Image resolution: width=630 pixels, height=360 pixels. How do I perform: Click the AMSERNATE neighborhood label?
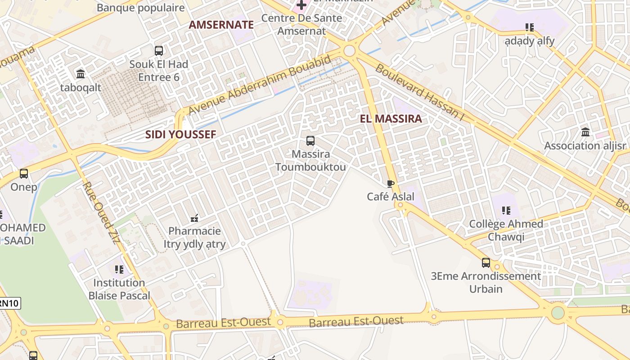point(221,25)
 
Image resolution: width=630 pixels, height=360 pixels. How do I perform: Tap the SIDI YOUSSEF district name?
point(180,134)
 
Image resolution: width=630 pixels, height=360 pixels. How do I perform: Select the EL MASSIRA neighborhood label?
point(391,119)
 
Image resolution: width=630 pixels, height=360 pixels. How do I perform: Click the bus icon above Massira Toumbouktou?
point(310,141)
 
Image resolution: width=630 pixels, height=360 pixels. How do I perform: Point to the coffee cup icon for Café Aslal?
point(390,184)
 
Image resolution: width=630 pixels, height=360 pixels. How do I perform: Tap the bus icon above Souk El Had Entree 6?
point(158,51)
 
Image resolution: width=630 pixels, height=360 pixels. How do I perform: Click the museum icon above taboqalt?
point(81,74)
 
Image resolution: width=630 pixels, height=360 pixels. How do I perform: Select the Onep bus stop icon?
point(24,174)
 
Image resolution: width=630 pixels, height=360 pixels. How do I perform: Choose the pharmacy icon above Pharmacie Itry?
point(194,218)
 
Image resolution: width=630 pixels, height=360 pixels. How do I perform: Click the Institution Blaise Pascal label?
point(119,289)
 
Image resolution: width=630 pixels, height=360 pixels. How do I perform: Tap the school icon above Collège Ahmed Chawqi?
point(506,211)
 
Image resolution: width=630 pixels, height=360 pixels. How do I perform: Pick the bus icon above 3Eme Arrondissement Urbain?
point(486,263)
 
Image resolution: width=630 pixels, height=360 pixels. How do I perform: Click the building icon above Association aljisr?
point(585,132)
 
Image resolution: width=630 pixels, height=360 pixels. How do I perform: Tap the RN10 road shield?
point(9,303)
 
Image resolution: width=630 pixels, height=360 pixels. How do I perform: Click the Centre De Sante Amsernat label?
point(301,24)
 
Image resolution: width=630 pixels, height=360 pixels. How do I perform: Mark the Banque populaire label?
point(140,8)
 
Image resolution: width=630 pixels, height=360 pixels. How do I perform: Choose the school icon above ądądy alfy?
point(530,27)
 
